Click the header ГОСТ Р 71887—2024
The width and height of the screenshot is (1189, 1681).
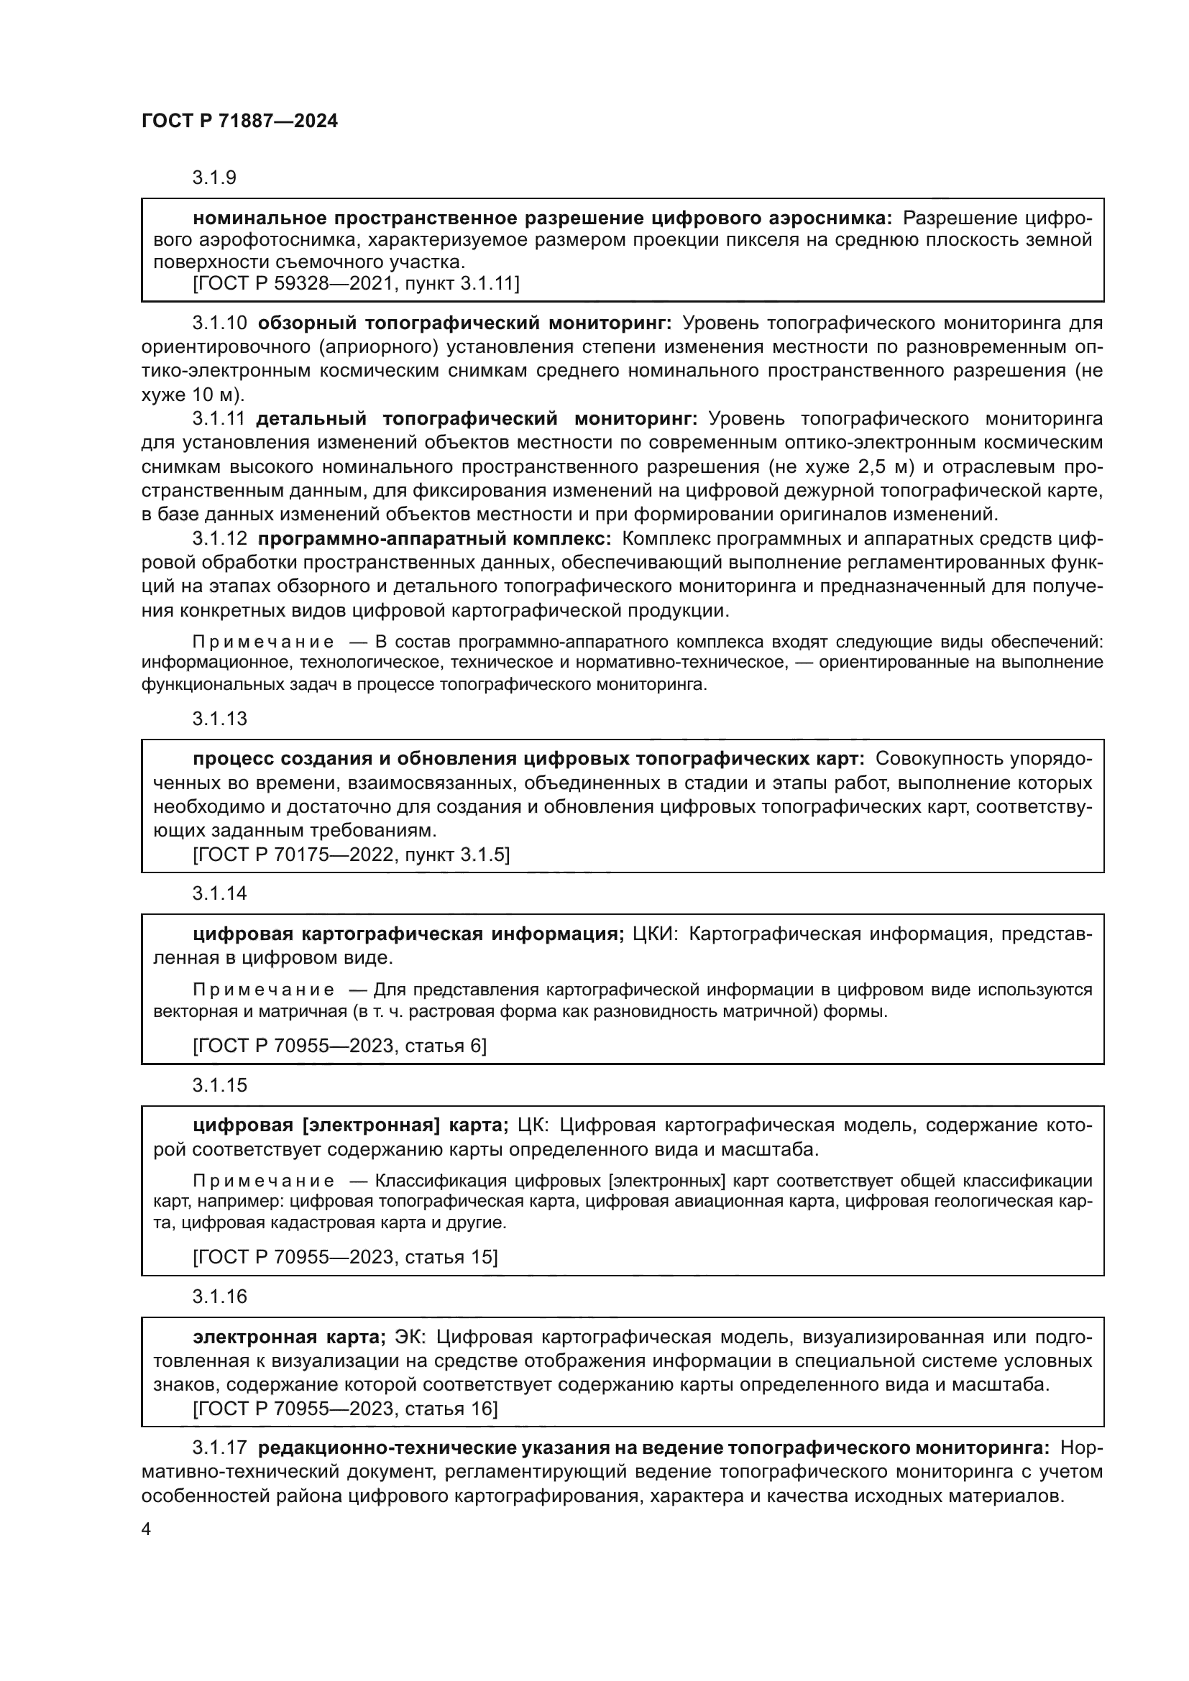[239, 121]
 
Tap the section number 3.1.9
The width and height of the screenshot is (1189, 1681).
[214, 178]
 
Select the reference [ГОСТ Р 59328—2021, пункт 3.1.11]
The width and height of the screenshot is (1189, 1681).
[356, 283]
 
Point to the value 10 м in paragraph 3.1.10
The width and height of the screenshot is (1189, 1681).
[213, 395]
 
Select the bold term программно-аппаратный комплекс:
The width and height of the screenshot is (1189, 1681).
[434, 539]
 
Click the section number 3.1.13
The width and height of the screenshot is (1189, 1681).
[220, 718]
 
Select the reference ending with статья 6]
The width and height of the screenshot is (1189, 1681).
[339, 1046]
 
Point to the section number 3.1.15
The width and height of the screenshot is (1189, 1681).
[220, 1085]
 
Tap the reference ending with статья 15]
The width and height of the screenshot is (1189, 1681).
[345, 1257]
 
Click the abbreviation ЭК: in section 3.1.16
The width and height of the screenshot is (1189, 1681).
[410, 1337]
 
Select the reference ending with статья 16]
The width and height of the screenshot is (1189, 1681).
[345, 1409]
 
